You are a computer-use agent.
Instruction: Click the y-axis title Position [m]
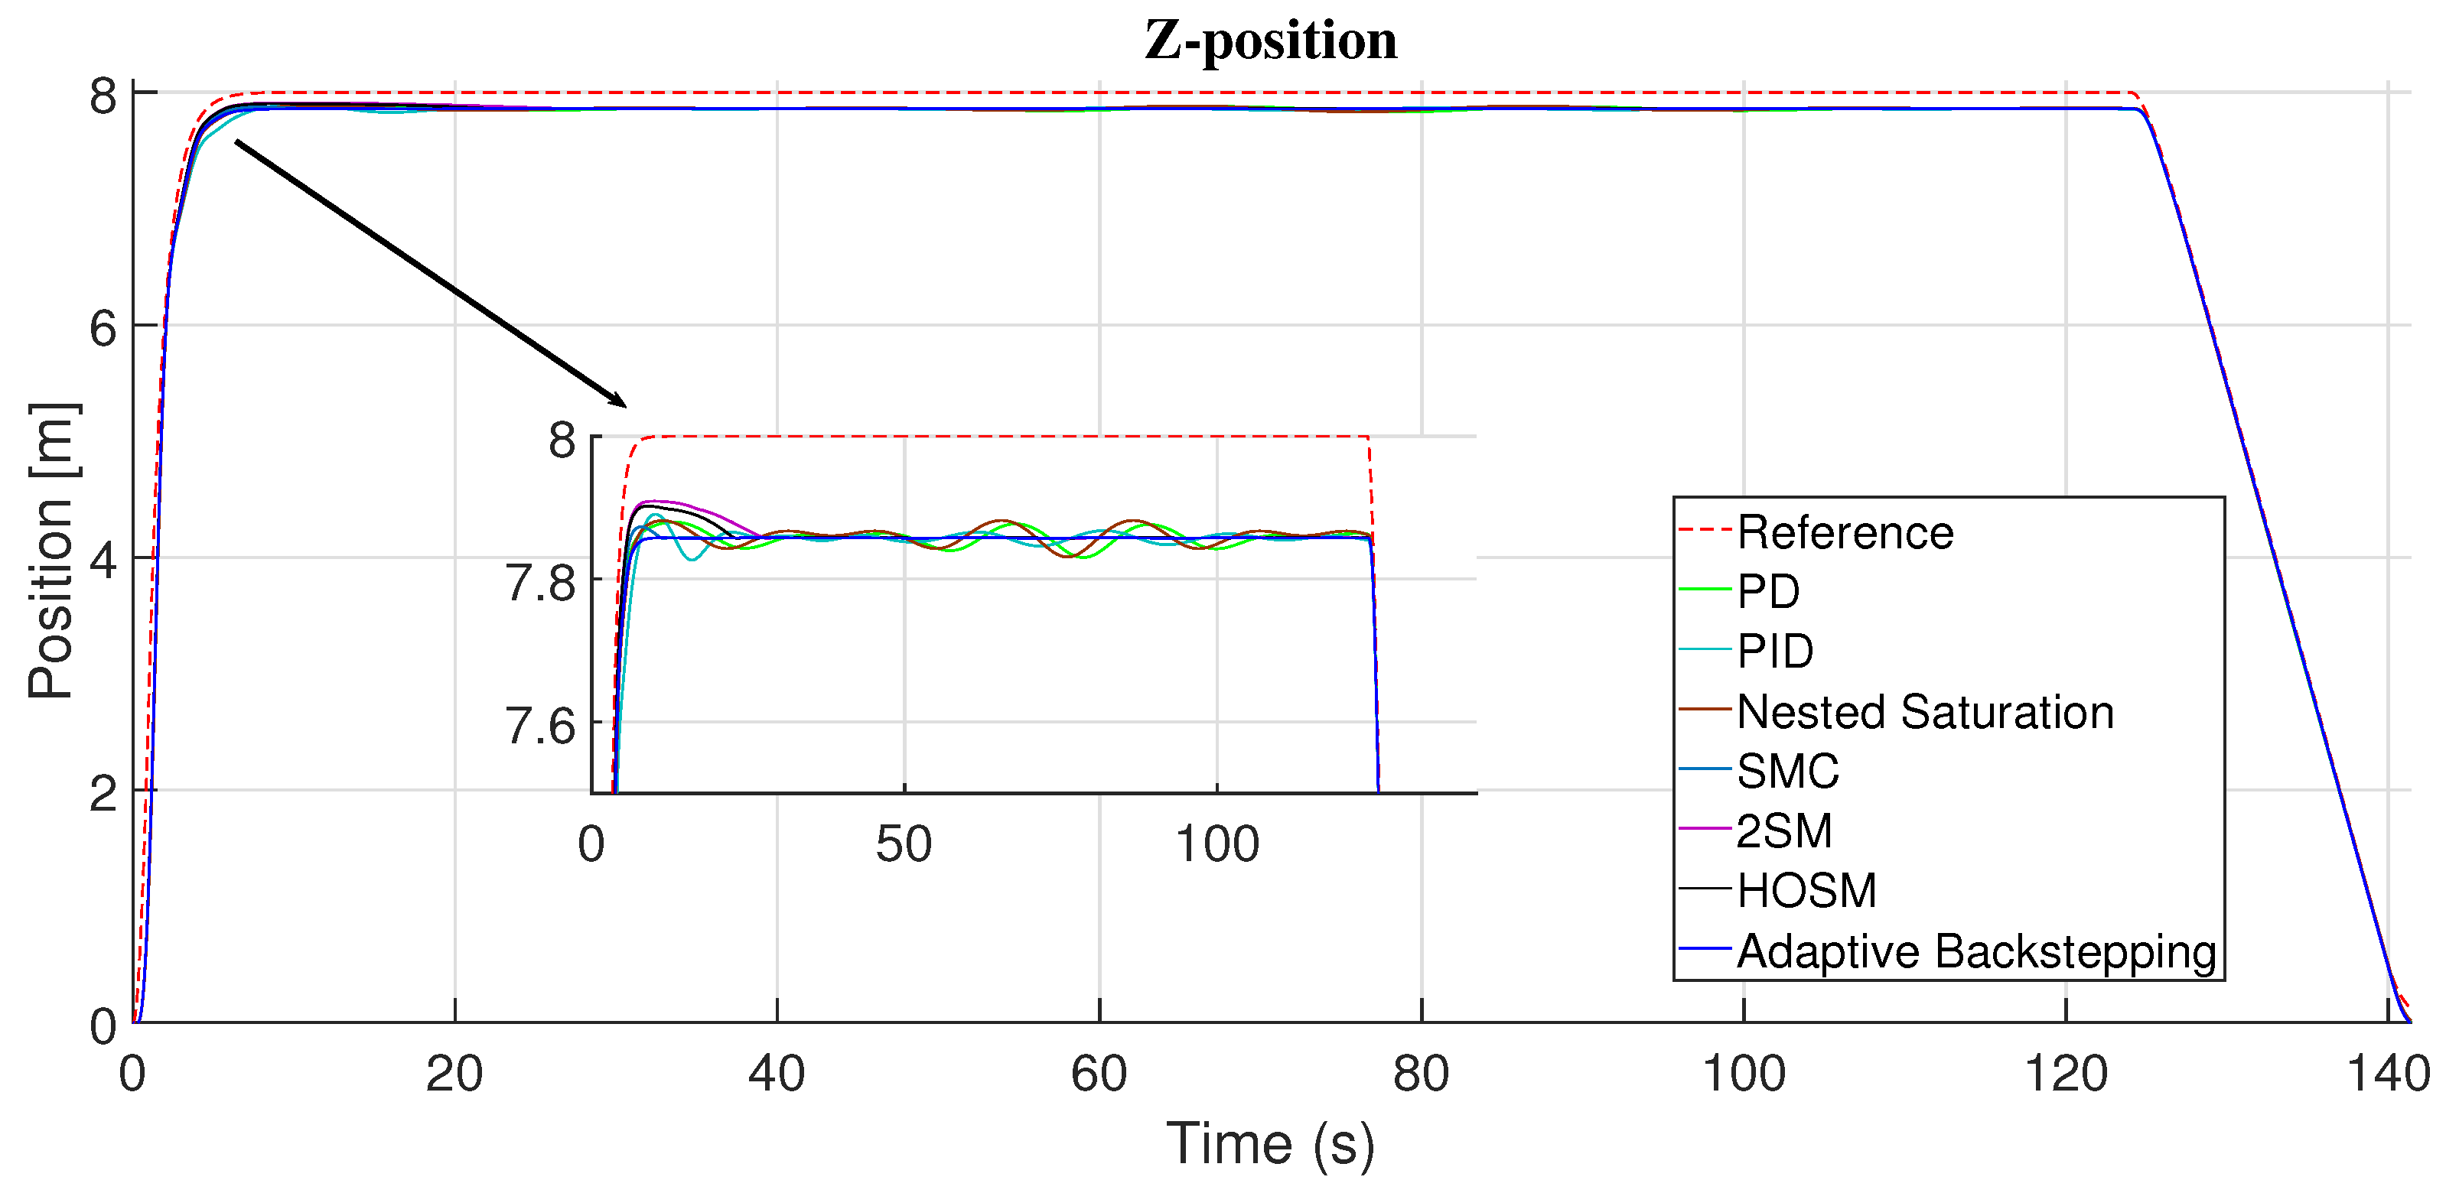[51, 551]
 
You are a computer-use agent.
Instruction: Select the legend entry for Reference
[1844, 532]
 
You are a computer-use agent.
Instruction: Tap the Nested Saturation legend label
[1925, 712]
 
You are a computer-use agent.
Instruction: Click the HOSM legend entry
[1806, 891]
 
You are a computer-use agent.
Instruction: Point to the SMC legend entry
[1787, 772]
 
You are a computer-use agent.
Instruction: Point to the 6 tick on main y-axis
[103, 328]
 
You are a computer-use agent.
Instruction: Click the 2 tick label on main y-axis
[103, 792]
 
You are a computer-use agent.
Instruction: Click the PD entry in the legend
[1767, 592]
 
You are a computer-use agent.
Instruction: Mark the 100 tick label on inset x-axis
[1216, 844]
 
